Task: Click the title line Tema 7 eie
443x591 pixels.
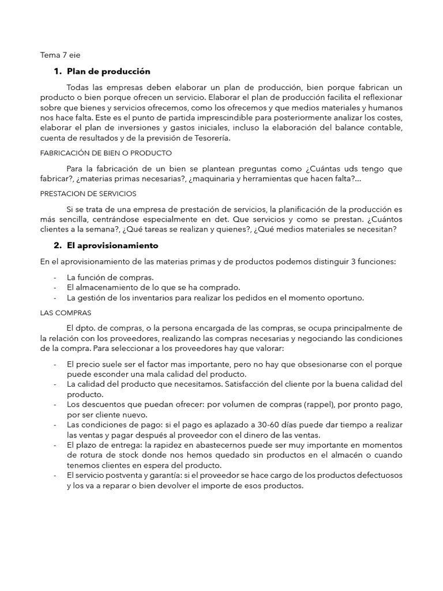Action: tap(60, 56)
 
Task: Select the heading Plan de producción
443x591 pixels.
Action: tap(108, 72)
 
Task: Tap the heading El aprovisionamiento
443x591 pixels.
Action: tap(112, 245)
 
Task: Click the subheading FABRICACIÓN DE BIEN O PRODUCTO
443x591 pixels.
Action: tap(106, 154)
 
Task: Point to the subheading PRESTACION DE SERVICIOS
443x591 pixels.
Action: tap(88, 193)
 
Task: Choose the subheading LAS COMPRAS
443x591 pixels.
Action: tap(66, 313)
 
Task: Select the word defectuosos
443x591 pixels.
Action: tap(380, 476)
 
